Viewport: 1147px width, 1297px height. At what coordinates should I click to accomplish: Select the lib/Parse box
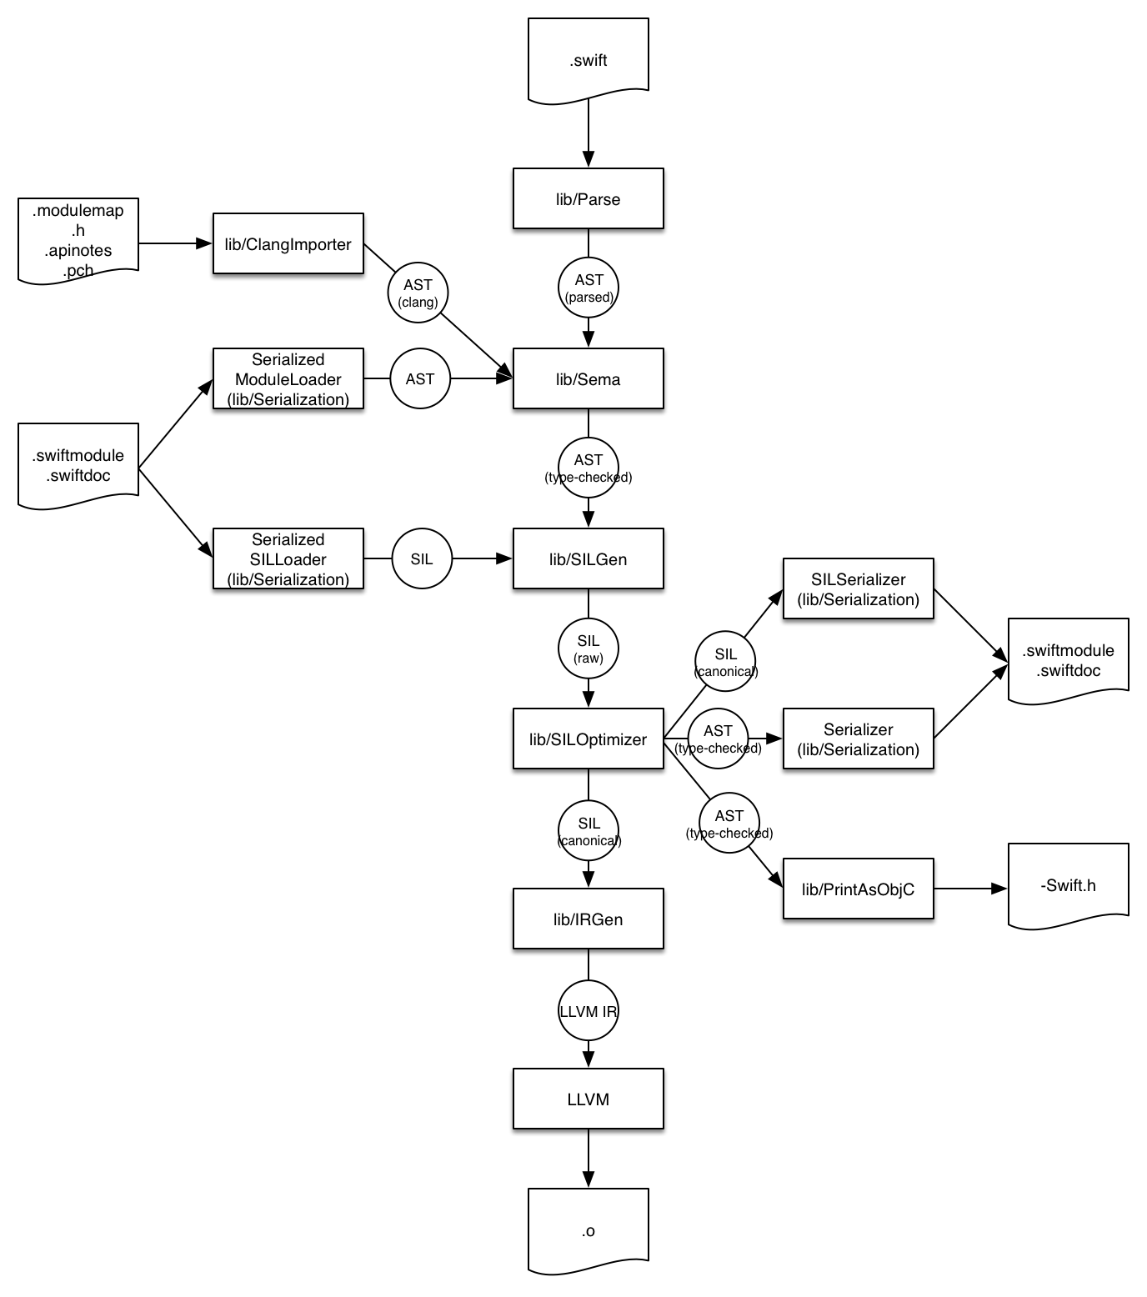pos(589,198)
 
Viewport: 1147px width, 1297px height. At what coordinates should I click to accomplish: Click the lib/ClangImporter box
pos(288,243)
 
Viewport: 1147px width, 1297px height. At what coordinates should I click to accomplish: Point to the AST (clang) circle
pos(418,293)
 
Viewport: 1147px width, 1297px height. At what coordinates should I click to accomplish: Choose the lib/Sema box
pos(589,378)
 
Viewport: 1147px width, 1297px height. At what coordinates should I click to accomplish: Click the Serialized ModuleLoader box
pos(288,378)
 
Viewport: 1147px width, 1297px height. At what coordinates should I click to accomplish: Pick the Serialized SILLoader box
pos(288,558)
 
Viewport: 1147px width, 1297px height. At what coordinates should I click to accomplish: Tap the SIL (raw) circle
pos(589,648)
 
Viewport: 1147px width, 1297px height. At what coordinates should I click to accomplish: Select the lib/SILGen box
pos(589,558)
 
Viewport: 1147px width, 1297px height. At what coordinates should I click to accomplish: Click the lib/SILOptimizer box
pos(589,739)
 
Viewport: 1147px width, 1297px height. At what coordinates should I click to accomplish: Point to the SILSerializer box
pos(859,588)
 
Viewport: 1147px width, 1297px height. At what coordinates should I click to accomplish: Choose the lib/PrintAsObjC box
pos(859,889)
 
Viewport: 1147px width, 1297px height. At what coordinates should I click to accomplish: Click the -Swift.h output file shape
pos(1069,885)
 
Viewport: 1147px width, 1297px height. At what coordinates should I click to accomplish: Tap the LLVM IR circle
pos(589,1011)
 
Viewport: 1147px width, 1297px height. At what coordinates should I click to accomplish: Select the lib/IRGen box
pos(589,919)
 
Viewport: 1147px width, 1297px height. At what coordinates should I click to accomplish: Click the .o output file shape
pos(589,1230)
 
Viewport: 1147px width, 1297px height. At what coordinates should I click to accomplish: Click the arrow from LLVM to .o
pos(589,1159)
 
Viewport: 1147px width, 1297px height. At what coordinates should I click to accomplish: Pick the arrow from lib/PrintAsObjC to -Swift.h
pos(971,889)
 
